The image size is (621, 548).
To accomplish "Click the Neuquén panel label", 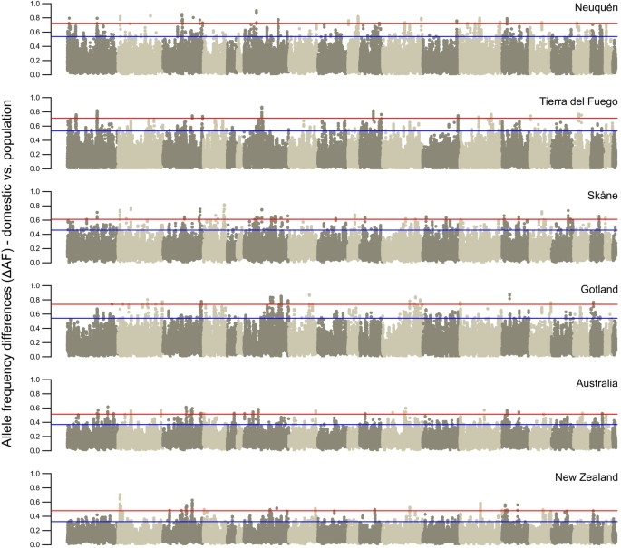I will [x=596, y=8].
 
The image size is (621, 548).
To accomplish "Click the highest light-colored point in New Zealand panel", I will [x=121, y=495].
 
